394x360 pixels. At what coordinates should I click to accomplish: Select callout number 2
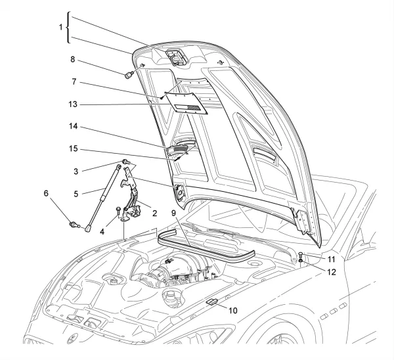tap(155, 214)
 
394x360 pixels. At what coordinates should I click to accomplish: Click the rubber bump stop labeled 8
tap(130, 74)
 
